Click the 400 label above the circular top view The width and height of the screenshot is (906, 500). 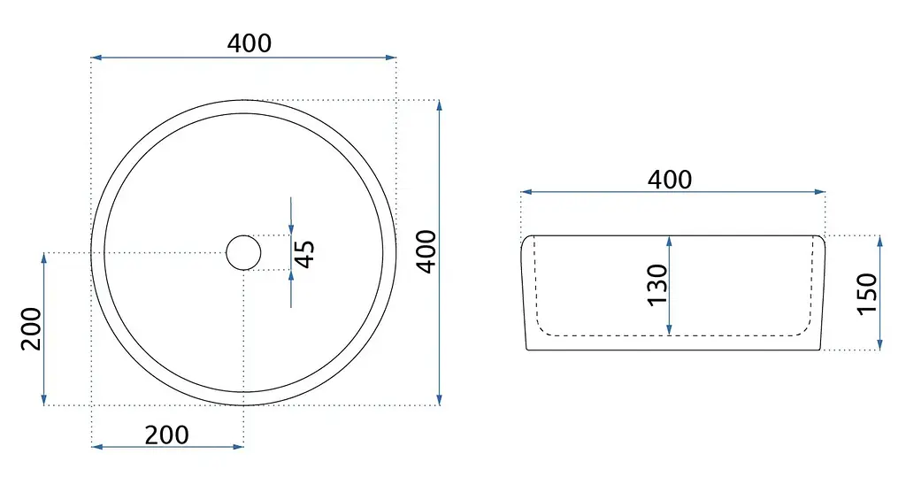click(249, 43)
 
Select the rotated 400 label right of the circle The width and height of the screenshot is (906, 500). click(427, 251)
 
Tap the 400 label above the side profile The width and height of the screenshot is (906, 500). click(670, 180)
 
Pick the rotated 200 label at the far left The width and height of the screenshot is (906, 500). click(31, 329)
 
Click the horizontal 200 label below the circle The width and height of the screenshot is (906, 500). click(166, 435)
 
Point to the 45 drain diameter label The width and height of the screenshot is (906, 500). click(304, 254)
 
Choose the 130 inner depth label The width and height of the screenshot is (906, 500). click(657, 285)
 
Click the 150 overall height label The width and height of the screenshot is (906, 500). click(867, 294)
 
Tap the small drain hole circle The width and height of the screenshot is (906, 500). click(243, 252)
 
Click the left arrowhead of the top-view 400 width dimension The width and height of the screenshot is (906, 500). click(96, 58)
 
